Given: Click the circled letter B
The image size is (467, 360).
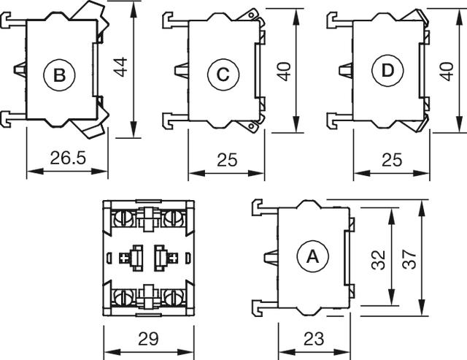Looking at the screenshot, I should click(59, 74).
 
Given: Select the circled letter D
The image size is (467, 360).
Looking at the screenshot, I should click(386, 72).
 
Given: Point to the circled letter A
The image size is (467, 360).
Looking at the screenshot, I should click(312, 256).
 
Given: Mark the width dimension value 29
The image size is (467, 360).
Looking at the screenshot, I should click(148, 339).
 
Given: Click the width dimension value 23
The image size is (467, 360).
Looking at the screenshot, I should click(314, 339).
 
